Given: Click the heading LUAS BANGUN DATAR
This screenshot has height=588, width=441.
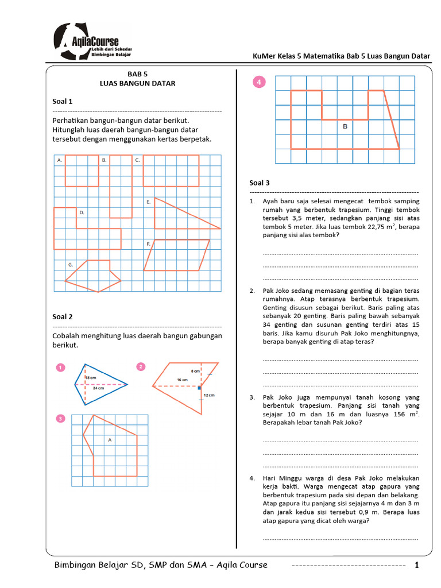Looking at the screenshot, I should coord(137,83).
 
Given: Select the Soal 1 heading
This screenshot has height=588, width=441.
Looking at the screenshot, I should coord(63,101).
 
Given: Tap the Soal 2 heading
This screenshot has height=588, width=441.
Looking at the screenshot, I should coord(63,316).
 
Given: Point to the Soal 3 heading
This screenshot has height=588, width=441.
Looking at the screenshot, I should coord(260,183).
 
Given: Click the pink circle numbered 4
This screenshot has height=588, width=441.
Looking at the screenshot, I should coord(260,83).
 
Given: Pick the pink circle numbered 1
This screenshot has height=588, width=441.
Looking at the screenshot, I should coord(60,367).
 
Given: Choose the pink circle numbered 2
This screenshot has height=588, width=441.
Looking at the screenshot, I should coord(141,366).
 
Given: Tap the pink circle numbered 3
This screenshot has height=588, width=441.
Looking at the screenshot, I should coord(60,419).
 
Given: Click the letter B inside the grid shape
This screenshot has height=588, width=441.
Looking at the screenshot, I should coord(345,126).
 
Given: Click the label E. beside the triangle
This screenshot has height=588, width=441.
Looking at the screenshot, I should coord(148,202).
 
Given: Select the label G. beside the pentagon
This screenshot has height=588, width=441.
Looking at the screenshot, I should coord(71,265).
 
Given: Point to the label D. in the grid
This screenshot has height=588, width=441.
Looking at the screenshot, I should coord(82,212).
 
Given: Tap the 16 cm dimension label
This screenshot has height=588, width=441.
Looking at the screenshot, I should coord(183,380).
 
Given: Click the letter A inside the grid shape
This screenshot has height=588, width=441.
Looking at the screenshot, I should coord(110,439).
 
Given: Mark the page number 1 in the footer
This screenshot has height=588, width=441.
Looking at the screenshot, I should coord(417,565).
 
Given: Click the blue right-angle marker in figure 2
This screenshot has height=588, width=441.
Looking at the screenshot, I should coord(199,388).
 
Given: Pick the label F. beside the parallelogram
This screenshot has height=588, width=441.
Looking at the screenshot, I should coord(148,244).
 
